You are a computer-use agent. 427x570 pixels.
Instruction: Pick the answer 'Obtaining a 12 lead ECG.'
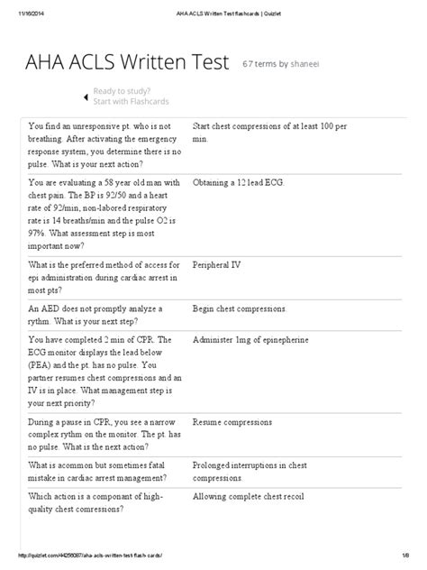click(239, 183)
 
